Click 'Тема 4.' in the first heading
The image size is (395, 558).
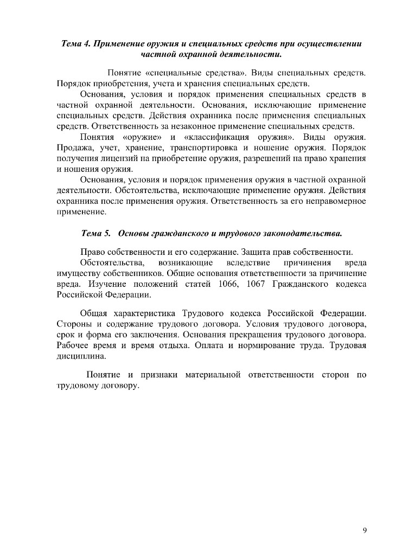[x=76, y=43]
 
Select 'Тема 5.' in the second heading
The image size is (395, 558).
[x=95, y=233]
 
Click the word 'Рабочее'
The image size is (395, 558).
[x=73, y=346]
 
